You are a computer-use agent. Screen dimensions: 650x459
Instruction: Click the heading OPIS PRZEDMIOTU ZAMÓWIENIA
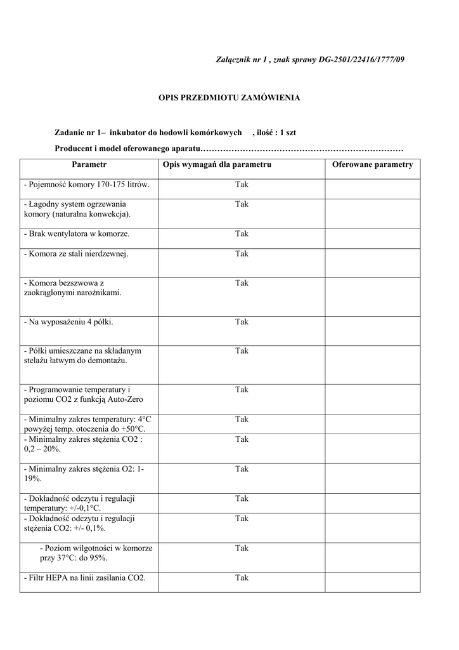pos(229,98)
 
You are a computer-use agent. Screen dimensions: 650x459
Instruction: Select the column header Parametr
pos(89,164)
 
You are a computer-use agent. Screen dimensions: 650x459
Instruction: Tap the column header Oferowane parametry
pos(372,164)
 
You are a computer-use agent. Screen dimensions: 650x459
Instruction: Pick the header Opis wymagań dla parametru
pos(217,164)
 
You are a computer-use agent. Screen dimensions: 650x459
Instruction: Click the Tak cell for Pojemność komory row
pos(242,185)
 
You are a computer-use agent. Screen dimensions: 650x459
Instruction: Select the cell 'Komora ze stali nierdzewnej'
pos(76,254)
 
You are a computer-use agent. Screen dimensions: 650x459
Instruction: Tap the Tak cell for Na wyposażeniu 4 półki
pos(242,322)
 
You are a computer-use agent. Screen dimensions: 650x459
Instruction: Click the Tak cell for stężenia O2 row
pos(242,469)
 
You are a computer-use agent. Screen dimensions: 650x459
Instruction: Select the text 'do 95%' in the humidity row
pos(94,558)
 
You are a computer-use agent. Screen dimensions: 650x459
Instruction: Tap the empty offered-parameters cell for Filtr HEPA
pos(372,582)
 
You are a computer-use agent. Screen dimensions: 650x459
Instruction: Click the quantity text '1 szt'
pos(287,133)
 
